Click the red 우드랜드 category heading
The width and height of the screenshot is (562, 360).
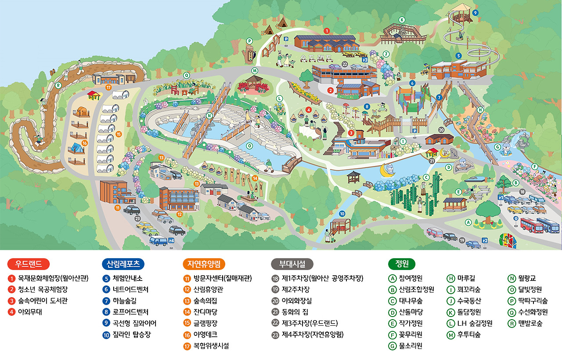tap(29, 264)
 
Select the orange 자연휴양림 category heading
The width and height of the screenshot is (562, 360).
tap(203, 264)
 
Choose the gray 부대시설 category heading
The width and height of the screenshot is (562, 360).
tap(292, 264)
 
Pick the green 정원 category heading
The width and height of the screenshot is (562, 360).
tap(402, 264)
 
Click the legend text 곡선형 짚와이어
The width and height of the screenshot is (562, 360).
tap(134, 324)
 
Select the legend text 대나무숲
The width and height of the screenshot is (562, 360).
tap(411, 301)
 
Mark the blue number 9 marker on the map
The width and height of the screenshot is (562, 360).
tap(475, 13)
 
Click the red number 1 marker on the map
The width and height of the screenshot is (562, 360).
tap(326, 31)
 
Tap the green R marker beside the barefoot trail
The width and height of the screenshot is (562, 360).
tap(58, 85)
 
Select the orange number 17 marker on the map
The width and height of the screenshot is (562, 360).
tap(108, 87)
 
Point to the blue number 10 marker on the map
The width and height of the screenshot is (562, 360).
tap(342, 214)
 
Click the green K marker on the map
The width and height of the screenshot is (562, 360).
tap(401, 19)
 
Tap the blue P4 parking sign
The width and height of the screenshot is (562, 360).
tap(171, 241)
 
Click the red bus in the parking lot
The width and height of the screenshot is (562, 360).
tap(532, 224)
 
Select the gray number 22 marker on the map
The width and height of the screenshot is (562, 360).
tap(345, 64)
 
